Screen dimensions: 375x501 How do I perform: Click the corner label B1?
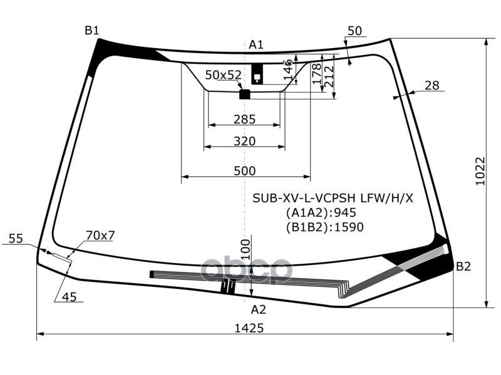(92, 30)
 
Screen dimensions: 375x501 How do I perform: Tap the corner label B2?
(463, 267)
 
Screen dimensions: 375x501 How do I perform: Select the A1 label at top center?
(256, 44)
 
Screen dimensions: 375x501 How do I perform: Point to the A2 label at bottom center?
(258, 309)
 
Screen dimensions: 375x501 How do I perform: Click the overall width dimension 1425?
(249, 327)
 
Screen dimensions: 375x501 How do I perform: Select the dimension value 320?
(244, 141)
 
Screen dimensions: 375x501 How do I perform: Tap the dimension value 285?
(244, 119)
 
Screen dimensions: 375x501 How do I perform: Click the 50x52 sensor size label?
(223, 75)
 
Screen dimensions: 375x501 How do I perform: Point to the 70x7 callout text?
(100, 236)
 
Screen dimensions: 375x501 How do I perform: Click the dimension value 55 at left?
(16, 238)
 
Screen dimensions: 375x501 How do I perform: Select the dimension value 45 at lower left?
(69, 297)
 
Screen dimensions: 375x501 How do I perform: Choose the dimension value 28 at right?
(431, 86)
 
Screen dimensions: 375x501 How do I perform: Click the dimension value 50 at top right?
(354, 31)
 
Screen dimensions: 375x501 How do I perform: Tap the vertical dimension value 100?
(245, 249)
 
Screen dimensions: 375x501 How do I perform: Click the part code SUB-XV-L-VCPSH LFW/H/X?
(333, 199)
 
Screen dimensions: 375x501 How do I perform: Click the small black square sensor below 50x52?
(245, 94)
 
